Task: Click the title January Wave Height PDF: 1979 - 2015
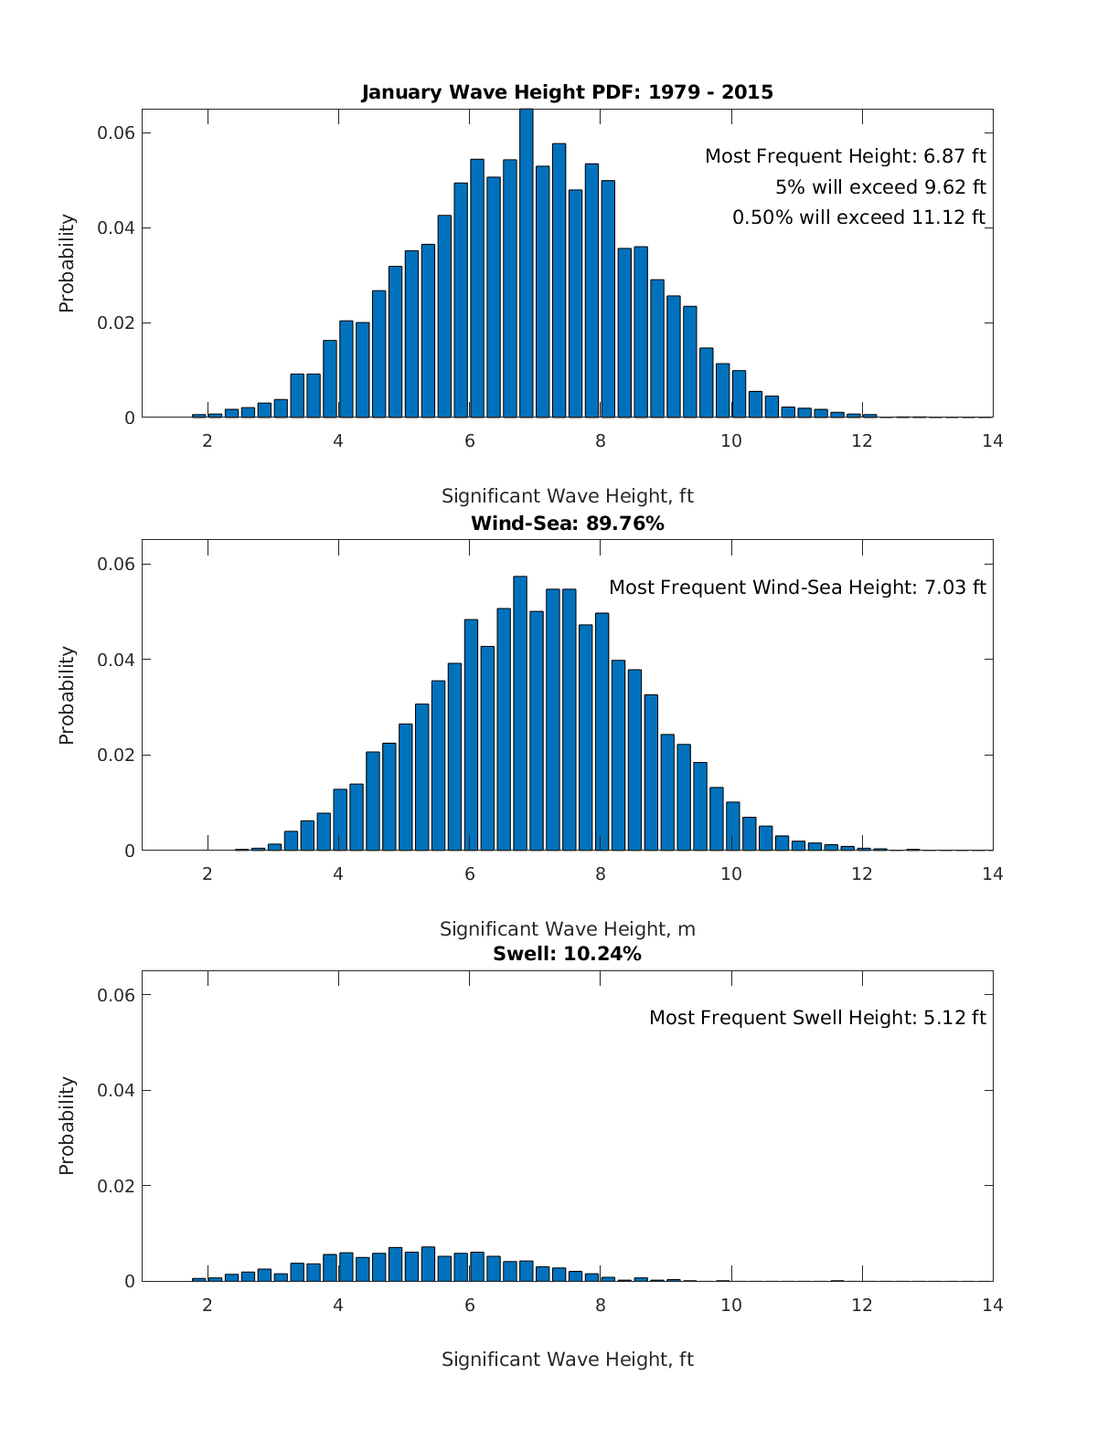point(567,92)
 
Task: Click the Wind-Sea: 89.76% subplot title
point(567,524)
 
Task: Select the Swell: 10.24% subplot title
point(567,954)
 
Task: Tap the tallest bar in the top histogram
point(527,265)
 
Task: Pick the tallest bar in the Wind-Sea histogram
point(520,713)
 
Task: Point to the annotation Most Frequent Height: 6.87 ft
point(845,156)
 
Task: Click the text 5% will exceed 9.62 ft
point(880,187)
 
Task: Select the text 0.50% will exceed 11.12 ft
point(858,217)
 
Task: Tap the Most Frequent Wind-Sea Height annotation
point(797,587)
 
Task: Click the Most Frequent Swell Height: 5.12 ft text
point(817,1018)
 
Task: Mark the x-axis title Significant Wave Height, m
point(567,929)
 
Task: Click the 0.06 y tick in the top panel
point(116,133)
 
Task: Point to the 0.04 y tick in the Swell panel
point(116,1091)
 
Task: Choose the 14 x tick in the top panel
point(993,441)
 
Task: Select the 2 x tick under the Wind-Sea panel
point(208,873)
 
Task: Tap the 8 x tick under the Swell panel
point(601,1305)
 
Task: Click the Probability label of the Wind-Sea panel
point(67,695)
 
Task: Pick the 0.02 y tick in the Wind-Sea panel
point(116,756)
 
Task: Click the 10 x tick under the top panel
point(731,441)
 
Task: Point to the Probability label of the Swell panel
point(67,1126)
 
